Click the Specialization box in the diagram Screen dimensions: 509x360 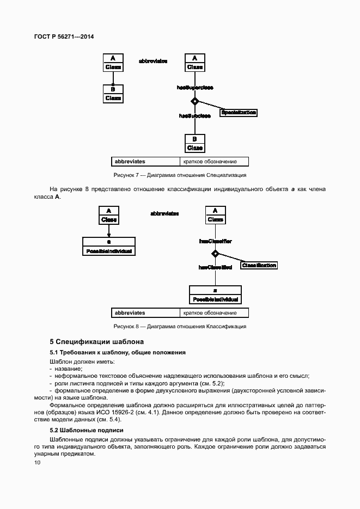click(238, 113)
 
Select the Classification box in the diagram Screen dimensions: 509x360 click(259, 265)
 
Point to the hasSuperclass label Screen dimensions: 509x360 click(194, 87)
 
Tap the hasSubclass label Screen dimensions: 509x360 click(194, 115)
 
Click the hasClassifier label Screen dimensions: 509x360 click(215, 240)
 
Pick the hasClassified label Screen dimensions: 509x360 click(215, 267)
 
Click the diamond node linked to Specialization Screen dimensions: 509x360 click(194, 101)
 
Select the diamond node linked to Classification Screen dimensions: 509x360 click(215, 253)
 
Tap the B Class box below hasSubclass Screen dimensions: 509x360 click(194, 143)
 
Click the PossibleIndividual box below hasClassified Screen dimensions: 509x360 click(215, 295)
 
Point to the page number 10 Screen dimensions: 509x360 click(37, 463)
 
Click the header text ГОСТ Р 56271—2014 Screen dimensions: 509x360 click(64, 36)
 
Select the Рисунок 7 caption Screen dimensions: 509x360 click(180, 175)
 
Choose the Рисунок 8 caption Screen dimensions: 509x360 click(180, 327)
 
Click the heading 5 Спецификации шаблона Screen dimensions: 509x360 click(96, 342)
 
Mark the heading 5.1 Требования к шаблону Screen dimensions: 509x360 click(118, 353)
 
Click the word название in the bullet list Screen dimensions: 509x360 click(67, 369)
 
